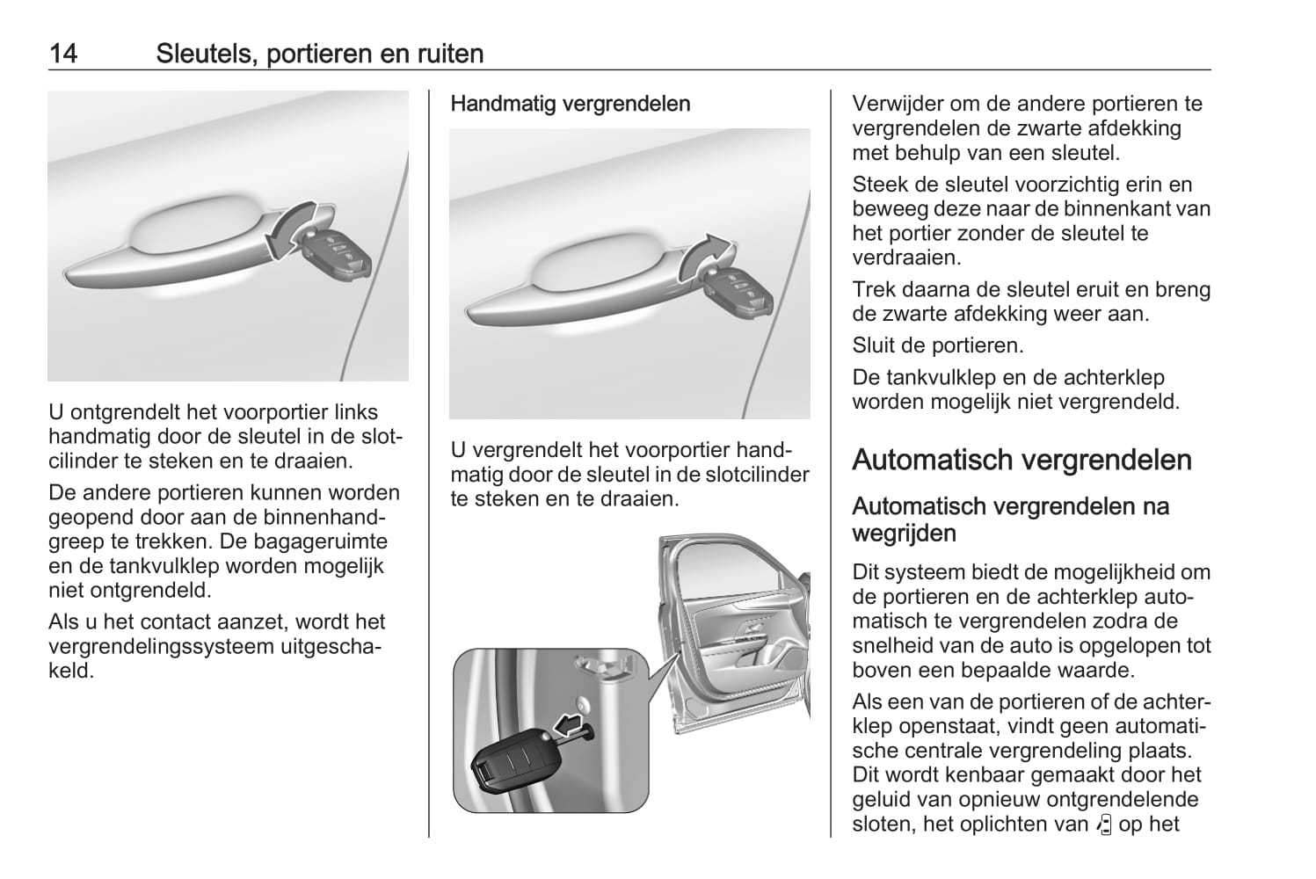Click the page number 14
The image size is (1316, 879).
(63, 54)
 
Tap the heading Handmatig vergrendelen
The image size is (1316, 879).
(570, 104)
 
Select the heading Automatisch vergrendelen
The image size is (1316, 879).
(1022, 460)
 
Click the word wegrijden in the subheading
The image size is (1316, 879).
(904, 533)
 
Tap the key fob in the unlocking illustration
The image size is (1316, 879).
(337, 253)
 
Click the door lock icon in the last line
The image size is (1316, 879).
(1105, 825)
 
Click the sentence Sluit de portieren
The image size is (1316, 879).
(937, 345)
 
